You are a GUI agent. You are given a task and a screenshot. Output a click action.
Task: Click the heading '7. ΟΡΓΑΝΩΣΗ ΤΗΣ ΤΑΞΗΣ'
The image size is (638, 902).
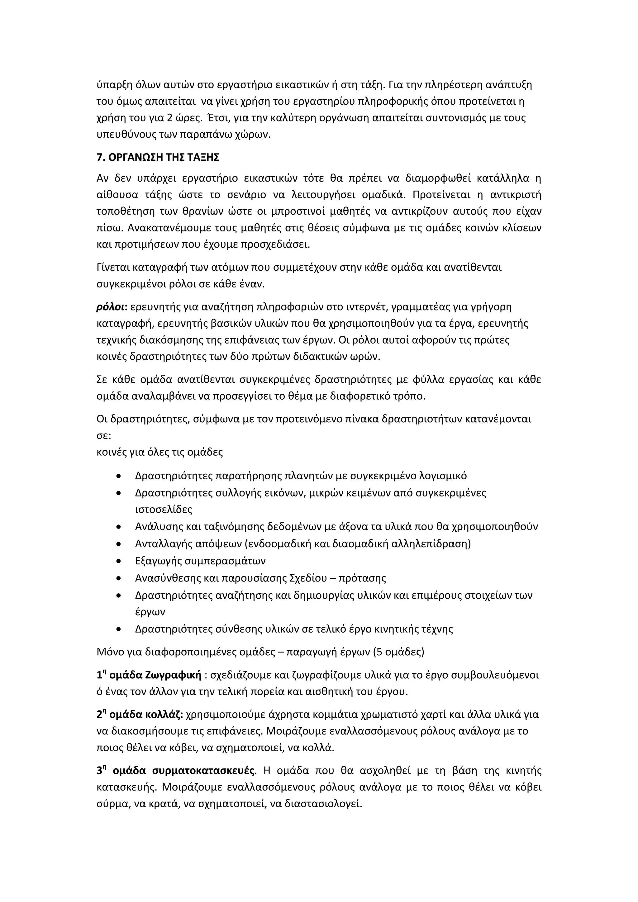(158, 158)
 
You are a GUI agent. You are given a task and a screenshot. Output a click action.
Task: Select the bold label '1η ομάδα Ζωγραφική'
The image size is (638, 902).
(149, 675)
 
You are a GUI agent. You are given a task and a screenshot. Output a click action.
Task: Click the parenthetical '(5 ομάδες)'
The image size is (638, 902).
(399, 652)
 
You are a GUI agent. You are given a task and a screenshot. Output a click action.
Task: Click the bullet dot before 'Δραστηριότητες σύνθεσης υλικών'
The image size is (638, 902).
(119, 630)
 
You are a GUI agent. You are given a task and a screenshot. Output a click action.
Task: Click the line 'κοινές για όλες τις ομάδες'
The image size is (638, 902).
(159, 452)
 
